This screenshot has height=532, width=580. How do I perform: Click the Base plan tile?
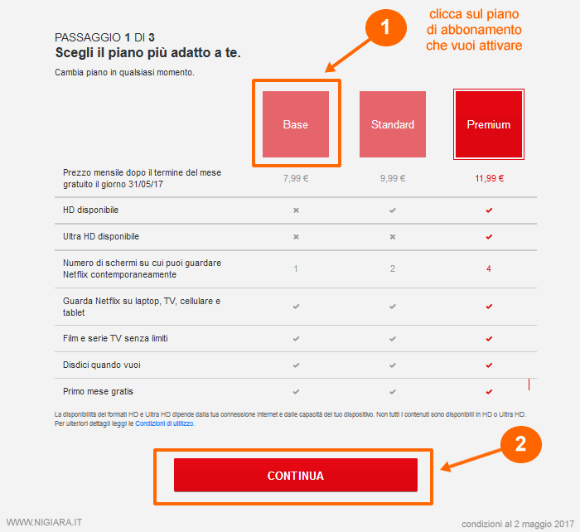295,124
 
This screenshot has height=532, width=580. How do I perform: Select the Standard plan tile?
392,124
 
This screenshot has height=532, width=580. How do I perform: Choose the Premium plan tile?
488,124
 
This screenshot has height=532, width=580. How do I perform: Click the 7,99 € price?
295,178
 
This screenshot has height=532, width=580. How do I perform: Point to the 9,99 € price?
392,178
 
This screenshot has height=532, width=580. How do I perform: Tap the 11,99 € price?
489,178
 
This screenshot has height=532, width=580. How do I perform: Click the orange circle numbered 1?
385,27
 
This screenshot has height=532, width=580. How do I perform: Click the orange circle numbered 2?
520,444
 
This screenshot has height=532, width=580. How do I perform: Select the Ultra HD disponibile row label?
101,236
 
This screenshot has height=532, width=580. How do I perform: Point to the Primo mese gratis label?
98,391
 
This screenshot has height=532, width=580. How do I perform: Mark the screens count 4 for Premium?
489,268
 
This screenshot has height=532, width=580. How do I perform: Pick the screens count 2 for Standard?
392,268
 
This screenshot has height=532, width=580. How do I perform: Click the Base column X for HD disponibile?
295,210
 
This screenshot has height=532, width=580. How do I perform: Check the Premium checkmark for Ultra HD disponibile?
489,236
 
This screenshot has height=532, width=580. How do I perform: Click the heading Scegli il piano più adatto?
154,53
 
